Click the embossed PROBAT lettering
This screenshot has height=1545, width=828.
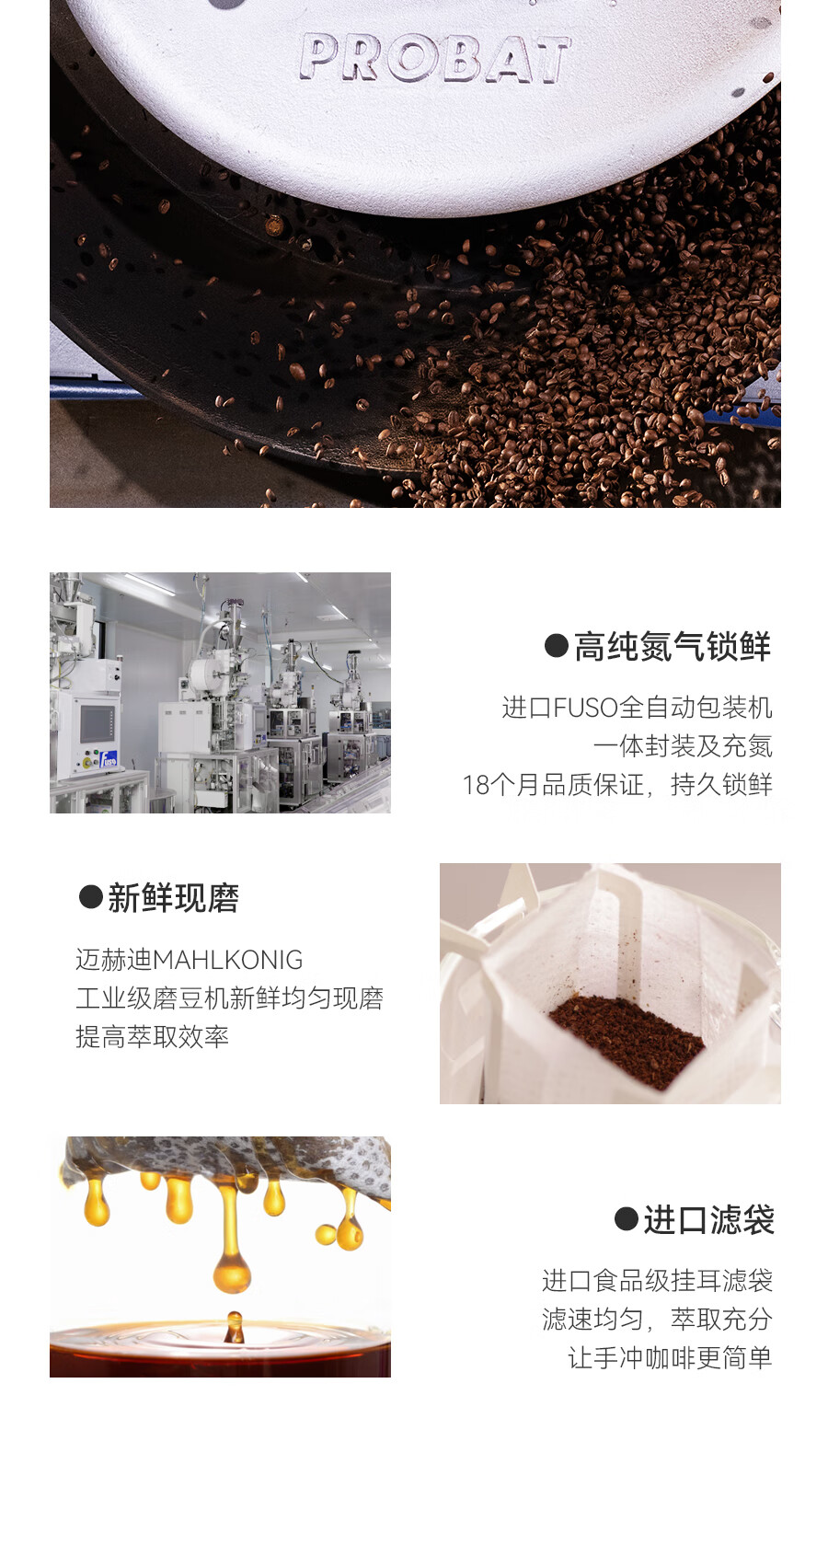434,59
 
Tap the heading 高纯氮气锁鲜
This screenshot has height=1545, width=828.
673,647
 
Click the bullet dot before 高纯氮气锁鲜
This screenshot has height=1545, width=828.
556,645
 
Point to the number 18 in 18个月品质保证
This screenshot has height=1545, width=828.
477,785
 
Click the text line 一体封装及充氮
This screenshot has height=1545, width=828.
683,746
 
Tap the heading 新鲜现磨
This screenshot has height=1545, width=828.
174,898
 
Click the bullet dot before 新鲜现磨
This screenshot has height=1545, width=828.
90,897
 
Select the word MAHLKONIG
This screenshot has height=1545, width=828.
227,960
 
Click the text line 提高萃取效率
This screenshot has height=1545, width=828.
152,1037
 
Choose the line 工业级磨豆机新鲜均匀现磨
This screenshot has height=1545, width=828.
229,998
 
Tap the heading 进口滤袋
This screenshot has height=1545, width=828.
708,1220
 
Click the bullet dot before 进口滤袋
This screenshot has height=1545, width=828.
626,1219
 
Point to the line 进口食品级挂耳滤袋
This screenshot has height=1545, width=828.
657,1280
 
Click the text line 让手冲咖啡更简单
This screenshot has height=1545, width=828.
670,1357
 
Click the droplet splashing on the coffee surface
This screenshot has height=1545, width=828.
235,1327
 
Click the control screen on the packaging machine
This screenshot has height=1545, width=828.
98,723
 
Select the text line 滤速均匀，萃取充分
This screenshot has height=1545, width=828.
657,1319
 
